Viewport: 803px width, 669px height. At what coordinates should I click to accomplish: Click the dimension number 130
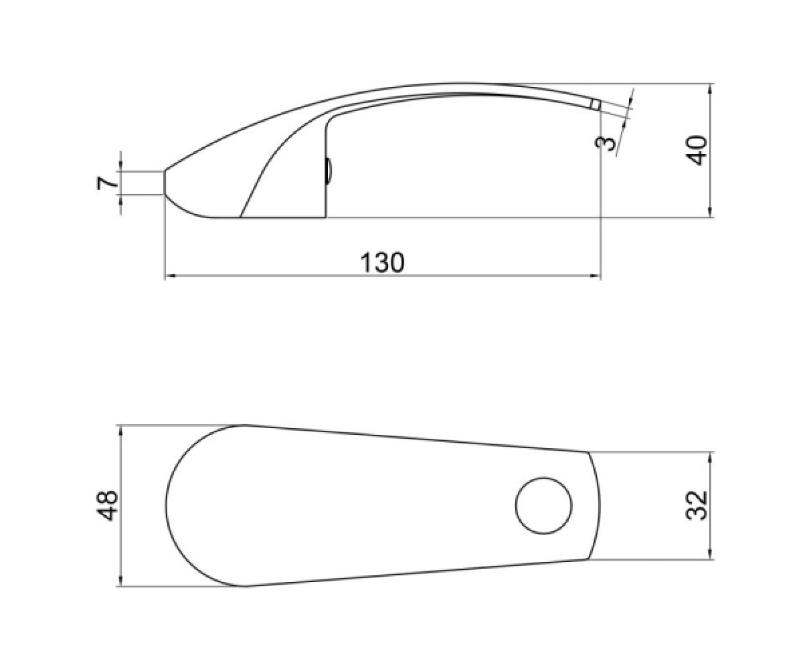[x=382, y=263]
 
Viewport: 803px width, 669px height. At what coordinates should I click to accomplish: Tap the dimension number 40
[x=697, y=151]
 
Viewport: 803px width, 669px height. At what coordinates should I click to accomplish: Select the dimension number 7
[x=107, y=183]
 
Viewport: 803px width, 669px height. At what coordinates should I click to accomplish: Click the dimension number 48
[x=107, y=505]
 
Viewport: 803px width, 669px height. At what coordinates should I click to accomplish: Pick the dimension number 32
[x=697, y=506]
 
